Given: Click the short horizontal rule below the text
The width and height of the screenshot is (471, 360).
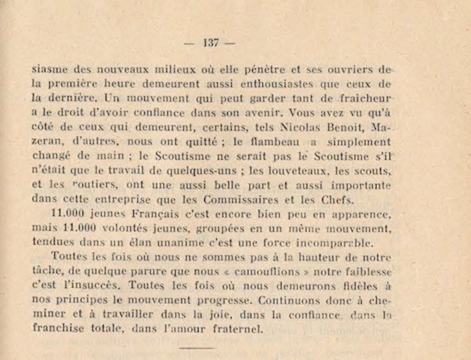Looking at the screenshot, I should click(x=197, y=347).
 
